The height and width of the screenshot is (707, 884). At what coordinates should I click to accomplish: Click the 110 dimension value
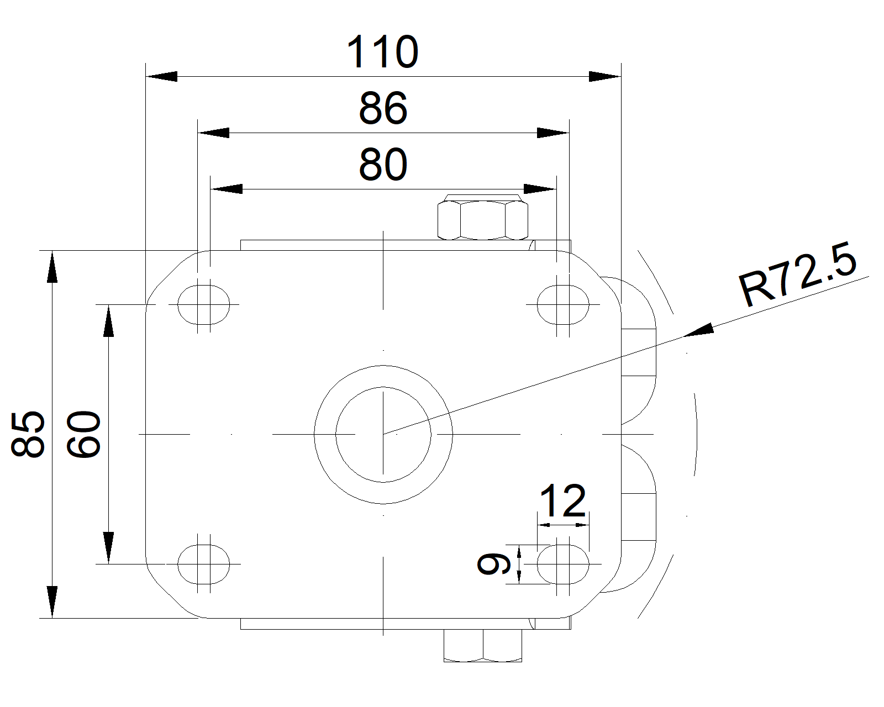[382, 52]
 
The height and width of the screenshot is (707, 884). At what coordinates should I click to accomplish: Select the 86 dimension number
[383, 109]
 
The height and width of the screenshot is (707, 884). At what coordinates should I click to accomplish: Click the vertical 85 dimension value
[28, 434]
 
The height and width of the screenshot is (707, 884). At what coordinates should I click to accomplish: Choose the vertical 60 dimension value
[83, 434]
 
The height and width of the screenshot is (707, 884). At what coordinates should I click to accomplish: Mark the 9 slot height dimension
[490, 563]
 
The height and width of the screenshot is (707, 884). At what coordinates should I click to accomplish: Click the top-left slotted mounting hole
[204, 304]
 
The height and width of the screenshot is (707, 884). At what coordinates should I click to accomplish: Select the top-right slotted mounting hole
[563, 304]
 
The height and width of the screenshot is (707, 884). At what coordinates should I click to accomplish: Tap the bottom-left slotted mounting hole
[204, 564]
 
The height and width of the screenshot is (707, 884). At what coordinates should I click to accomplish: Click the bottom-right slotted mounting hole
[563, 564]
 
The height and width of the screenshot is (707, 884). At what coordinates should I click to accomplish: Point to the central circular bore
[383, 434]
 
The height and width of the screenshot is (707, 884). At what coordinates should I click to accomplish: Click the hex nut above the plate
[482, 218]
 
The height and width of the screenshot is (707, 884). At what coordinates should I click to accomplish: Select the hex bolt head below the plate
[483, 646]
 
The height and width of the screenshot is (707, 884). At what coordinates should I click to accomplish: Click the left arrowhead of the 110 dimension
[161, 77]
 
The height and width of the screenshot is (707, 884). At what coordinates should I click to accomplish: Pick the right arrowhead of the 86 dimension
[553, 133]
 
